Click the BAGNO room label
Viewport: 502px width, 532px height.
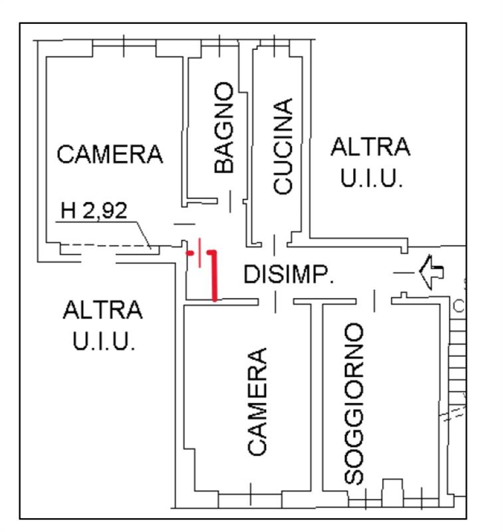click(x=225, y=128)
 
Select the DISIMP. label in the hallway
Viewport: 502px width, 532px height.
click(x=289, y=274)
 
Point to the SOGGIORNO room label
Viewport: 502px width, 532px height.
click(x=355, y=404)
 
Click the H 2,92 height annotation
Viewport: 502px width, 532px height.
click(x=93, y=211)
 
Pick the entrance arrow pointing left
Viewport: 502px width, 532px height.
click(x=431, y=271)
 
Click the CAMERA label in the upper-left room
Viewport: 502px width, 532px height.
click(x=110, y=154)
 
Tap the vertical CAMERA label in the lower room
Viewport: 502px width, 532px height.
click(x=257, y=401)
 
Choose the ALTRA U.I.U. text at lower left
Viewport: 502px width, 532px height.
click(x=102, y=326)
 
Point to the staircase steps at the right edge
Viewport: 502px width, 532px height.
click(x=457, y=372)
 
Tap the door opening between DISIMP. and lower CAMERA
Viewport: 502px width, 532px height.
click(x=276, y=302)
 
